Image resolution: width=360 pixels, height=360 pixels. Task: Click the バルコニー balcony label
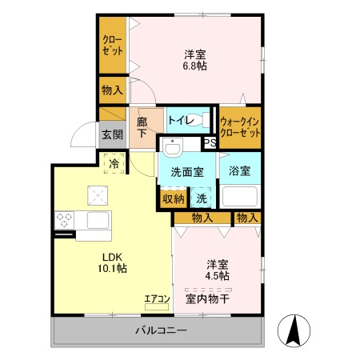click(x=160, y=330)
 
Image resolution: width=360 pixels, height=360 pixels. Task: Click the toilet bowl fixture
click(x=204, y=122)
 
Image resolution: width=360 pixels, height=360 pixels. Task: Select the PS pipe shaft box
click(x=210, y=144)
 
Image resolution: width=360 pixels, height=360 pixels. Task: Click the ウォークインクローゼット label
click(x=240, y=127)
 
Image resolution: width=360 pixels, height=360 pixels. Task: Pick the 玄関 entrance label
click(x=110, y=135)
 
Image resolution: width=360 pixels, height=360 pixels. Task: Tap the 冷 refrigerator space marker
click(x=114, y=166)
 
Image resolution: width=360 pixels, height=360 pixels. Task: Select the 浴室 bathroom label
click(x=239, y=170)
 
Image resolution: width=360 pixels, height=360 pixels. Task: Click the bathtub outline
click(x=239, y=196)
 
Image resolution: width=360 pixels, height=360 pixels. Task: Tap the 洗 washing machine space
click(x=202, y=198)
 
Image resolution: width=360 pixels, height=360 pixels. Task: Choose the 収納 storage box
click(x=174, y=198)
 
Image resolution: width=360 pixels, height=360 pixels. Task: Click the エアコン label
click(x=157, y=299)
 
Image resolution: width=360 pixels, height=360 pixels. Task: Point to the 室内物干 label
click(x=207, y=298)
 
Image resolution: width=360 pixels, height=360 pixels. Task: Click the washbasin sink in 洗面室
click(x=172, y=147)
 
